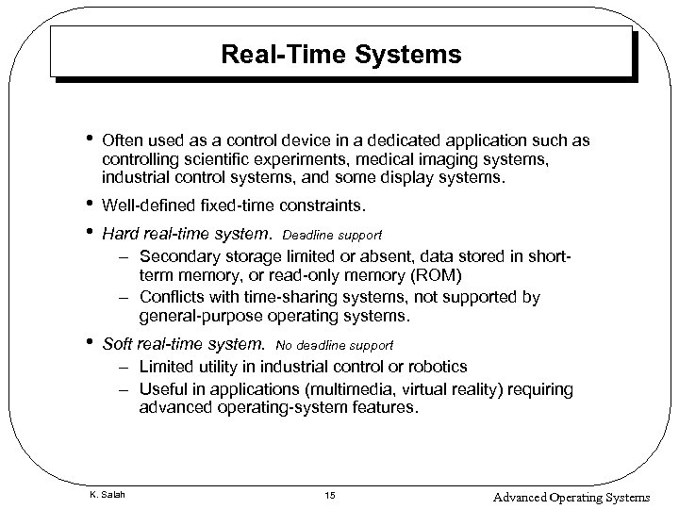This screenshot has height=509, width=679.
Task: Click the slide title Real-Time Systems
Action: click(340, 56)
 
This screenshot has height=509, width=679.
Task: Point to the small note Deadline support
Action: click(332, 233)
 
